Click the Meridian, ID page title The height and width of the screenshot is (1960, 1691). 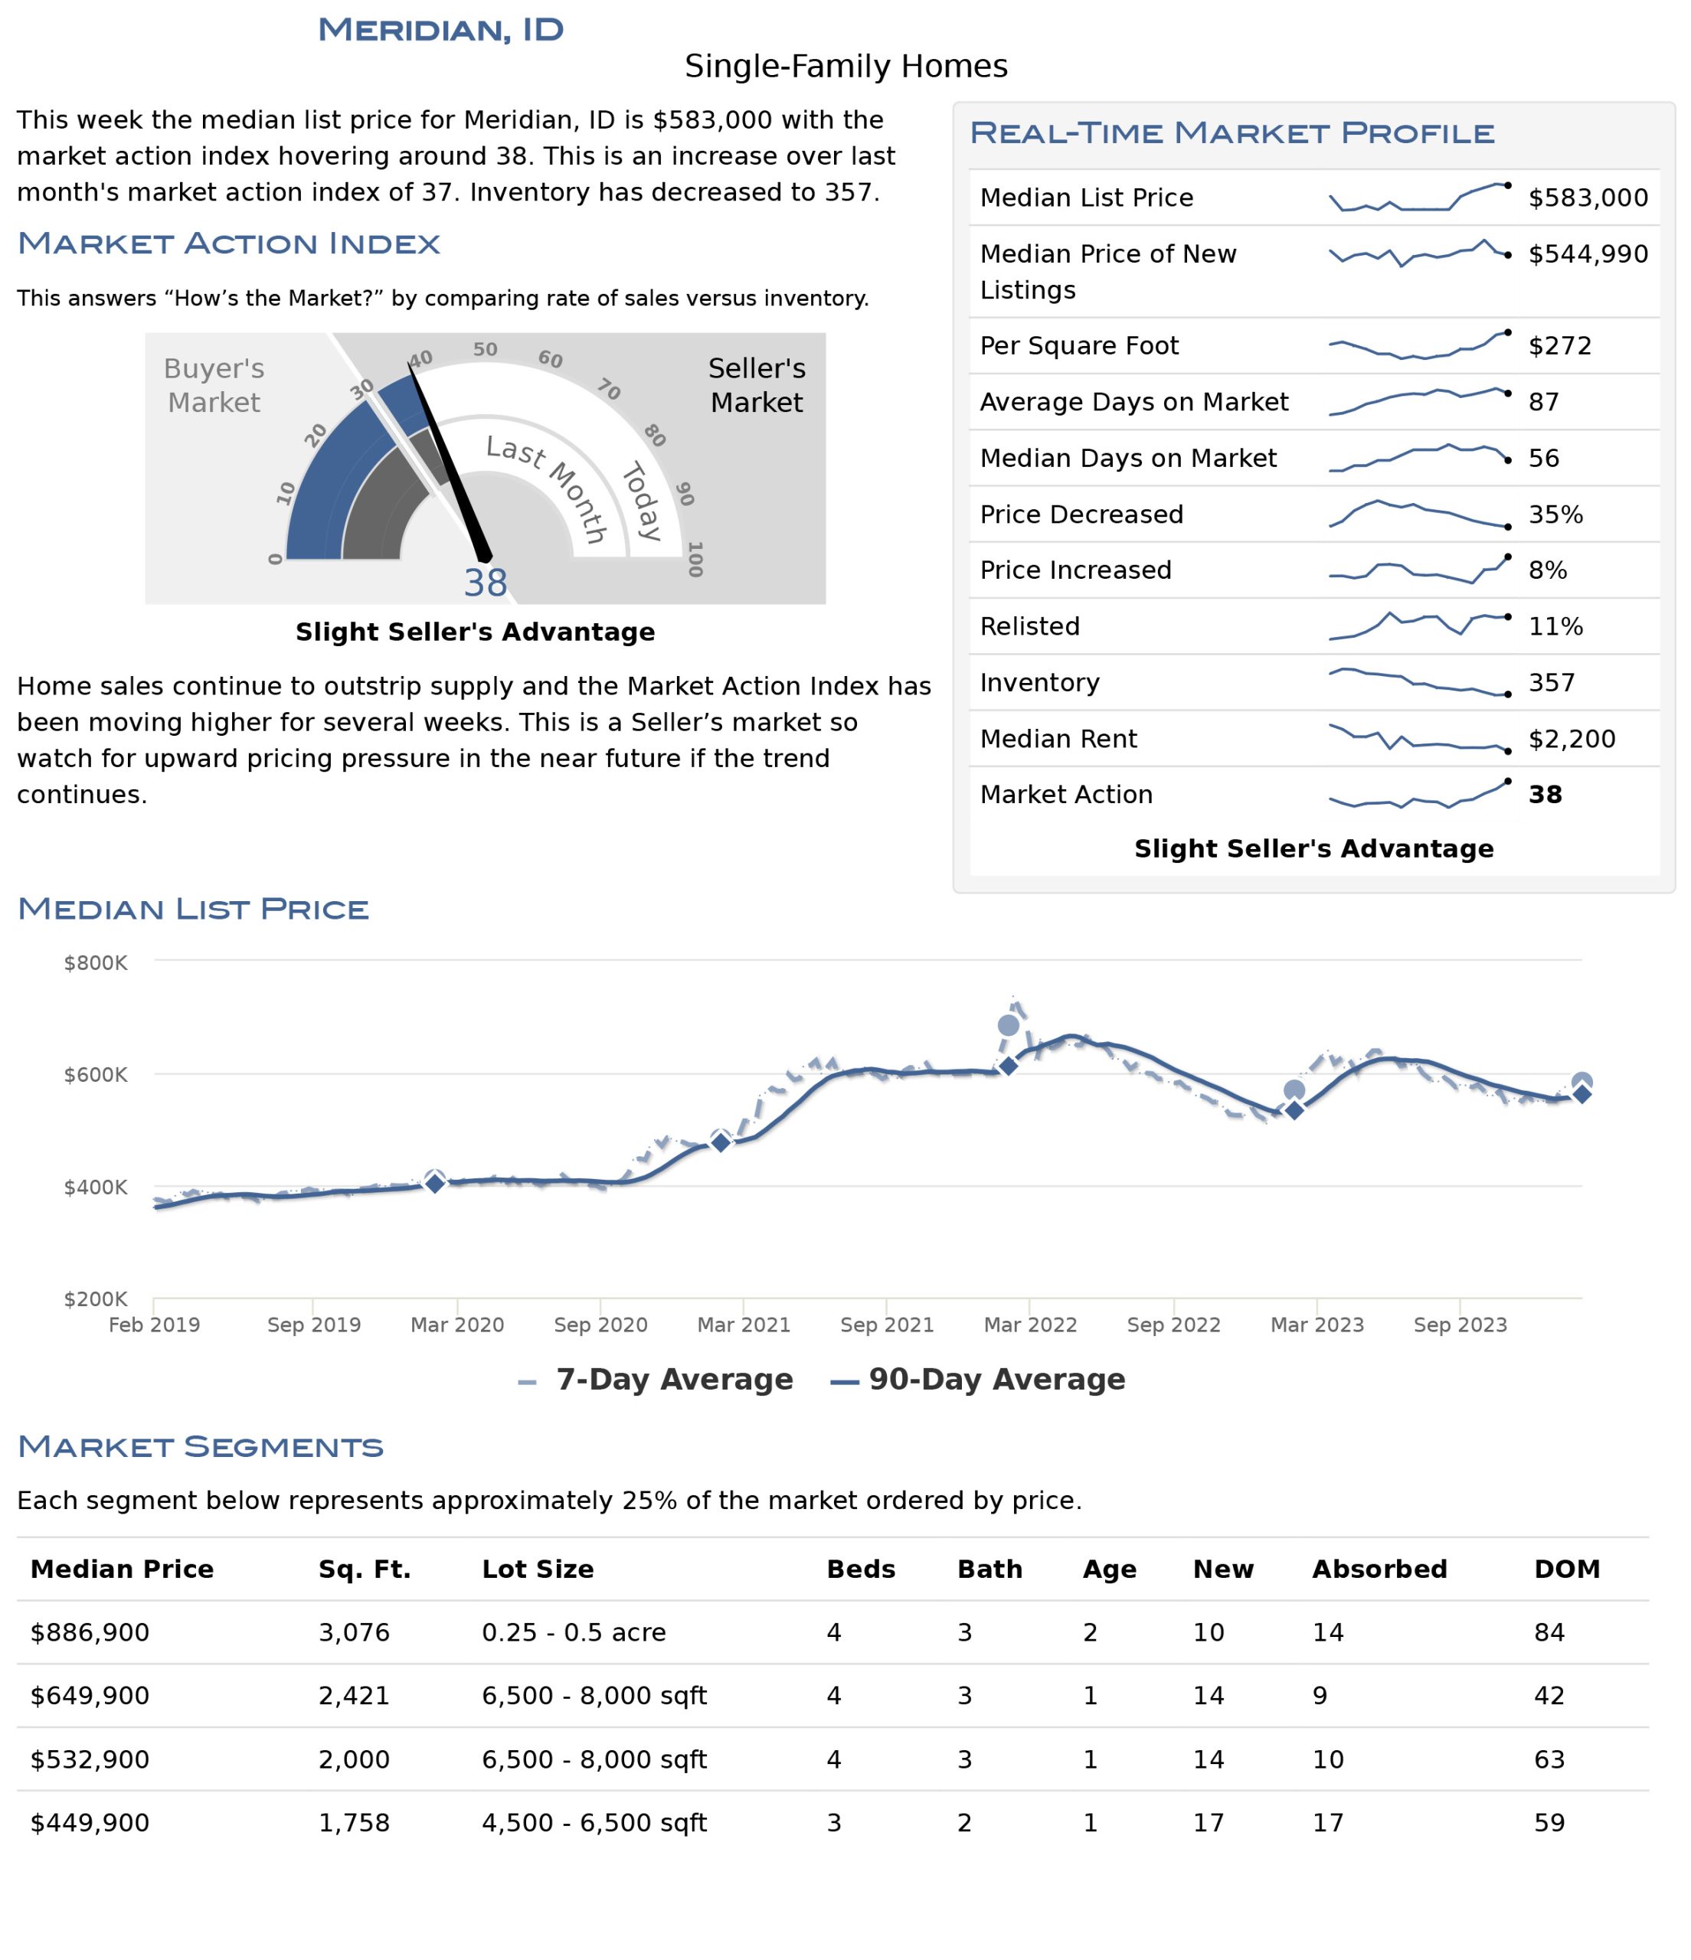click(x=440, y=29)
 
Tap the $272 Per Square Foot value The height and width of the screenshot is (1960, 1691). click(x=1559, y=345)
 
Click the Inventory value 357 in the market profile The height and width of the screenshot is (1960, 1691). click(x=1552, y=682)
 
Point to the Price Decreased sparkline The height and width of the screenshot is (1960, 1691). click(x=1418, y=514)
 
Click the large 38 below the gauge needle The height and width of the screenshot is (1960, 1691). click(x=486, y=583)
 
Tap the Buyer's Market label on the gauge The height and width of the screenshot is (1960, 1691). click(x=214, y=385)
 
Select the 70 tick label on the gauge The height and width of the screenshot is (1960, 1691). click(x=608, y=389)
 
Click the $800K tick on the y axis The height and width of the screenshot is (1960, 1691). click(x=96, y=963)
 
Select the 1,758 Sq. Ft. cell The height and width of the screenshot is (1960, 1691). click(x=354, y=1822)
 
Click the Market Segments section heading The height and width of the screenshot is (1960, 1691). click(x=201, y=1446)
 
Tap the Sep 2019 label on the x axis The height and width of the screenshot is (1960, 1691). click(x=313, y=1325)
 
